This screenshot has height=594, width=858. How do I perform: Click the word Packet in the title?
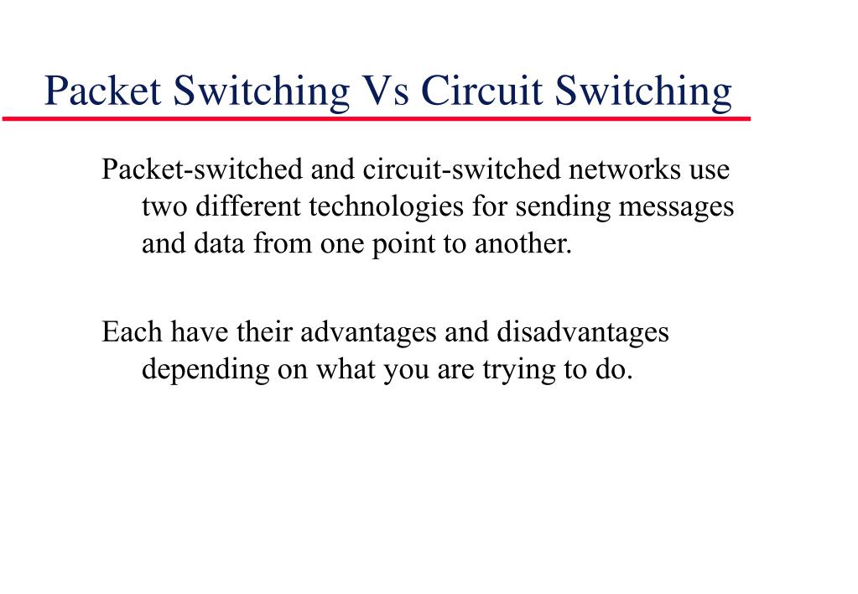pos(103,91)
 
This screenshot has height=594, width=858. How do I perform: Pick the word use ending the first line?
pos(709,170)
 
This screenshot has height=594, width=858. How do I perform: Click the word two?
pos(163,206)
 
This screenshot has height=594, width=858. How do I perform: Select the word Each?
pos(133,332)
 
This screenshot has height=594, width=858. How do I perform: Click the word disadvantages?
pos(583,332)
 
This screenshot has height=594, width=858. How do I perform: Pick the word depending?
pos(204,369)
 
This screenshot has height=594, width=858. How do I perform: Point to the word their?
pos(264,332)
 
